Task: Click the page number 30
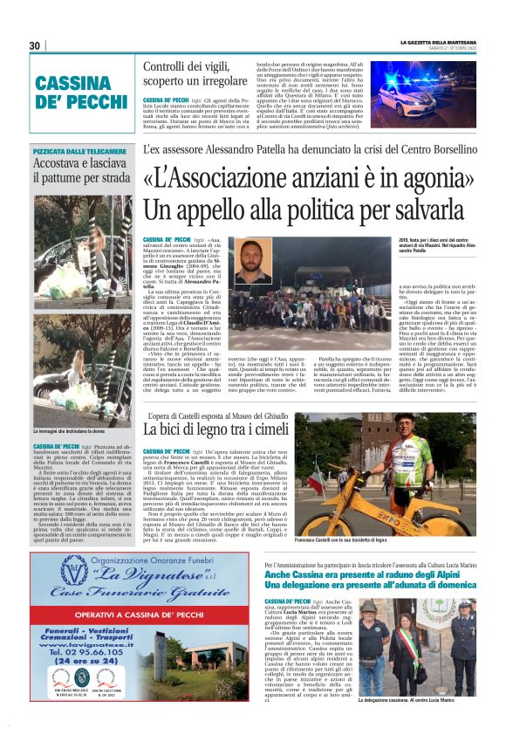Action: pyautogui.click(x=35, y=45)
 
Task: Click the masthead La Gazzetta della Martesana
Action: pyautogui.click(x=439, y=40)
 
